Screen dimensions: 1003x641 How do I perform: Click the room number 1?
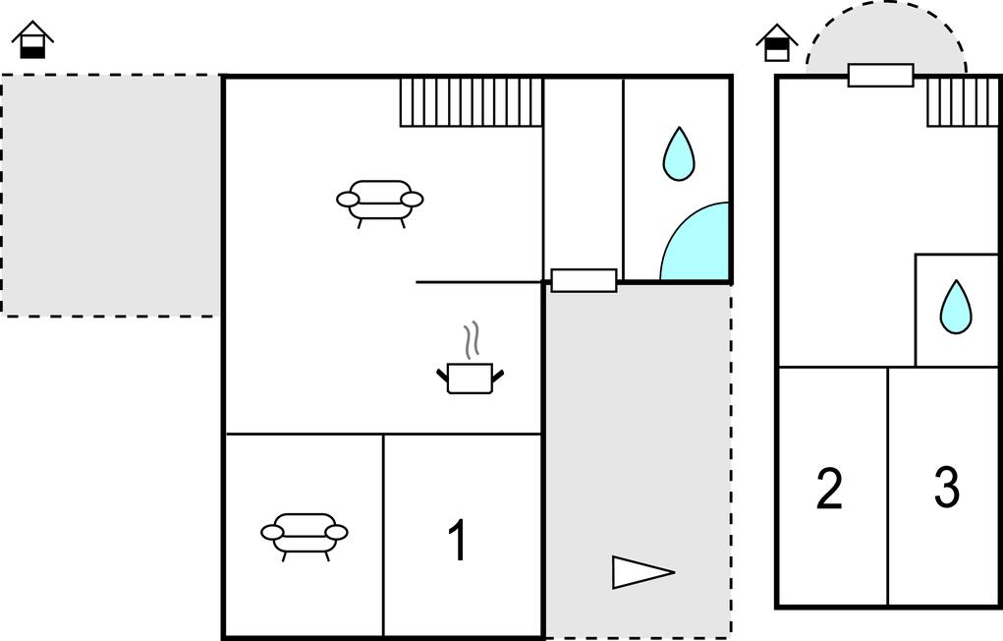coord(458,539)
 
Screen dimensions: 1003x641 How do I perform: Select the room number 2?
coord(829,489)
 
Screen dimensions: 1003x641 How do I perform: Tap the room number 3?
coord(947,487)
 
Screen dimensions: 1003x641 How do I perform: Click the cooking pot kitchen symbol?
coord(471,378)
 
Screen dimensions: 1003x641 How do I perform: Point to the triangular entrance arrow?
coord(642,571)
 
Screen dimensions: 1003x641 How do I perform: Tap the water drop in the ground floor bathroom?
coord(679,153)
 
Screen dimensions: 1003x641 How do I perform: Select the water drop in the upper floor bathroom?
coord(956,307)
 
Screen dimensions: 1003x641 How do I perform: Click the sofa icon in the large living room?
coord(380,203)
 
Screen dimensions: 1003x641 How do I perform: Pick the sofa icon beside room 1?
coord(305,536)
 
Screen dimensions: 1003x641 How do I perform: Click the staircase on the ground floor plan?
coord(472,102)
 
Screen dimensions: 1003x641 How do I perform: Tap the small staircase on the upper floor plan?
coord(963,102)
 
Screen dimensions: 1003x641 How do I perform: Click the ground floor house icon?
coord(32,39)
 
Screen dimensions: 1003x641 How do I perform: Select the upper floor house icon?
coord(776,42)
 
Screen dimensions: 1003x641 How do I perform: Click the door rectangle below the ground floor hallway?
coord(584,280)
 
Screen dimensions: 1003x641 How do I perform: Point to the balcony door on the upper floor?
coord(881,75)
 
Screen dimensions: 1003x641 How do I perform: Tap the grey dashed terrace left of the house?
coord(111,195)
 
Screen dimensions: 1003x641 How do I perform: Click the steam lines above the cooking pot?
coord(473,340)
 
